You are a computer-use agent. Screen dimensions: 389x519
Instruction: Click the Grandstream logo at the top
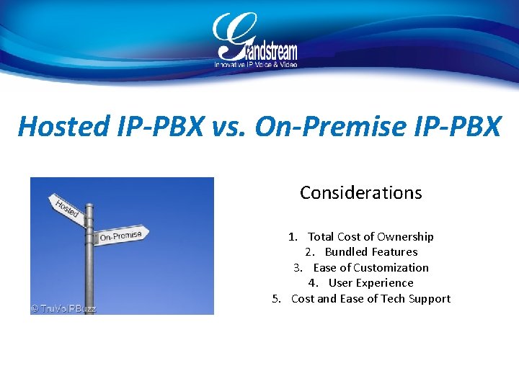[255, 40]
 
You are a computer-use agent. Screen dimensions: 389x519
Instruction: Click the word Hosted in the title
[53, 127]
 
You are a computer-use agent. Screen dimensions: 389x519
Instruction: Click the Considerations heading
[360, 193]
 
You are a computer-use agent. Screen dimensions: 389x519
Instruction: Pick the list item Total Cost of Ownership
[371, 236]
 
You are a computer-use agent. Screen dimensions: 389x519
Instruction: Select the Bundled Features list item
[371, 252]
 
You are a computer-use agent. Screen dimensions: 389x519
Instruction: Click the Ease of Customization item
[371, 267]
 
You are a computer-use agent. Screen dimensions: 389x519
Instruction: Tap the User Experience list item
[371, 283]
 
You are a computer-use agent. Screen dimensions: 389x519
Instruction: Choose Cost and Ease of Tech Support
[371, 299]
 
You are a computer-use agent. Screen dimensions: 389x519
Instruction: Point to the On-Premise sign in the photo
[121, 235]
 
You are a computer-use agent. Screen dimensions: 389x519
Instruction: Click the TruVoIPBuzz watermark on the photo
[63, 308]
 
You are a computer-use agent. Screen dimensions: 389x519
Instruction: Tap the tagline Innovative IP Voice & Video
[255, 64]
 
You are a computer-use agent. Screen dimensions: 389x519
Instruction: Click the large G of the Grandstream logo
[229, 36]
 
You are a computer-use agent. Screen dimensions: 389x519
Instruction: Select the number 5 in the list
[276, 299]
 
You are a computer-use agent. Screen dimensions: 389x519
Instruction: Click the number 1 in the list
[292, 236]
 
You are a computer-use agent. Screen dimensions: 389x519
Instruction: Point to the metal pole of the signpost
[89, 274]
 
